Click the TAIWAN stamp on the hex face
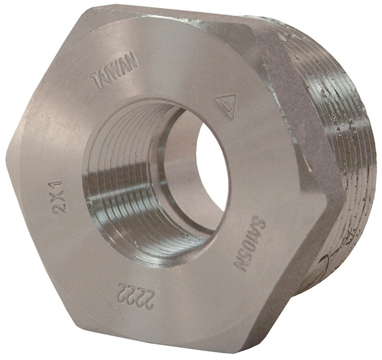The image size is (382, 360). click(114, 74)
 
